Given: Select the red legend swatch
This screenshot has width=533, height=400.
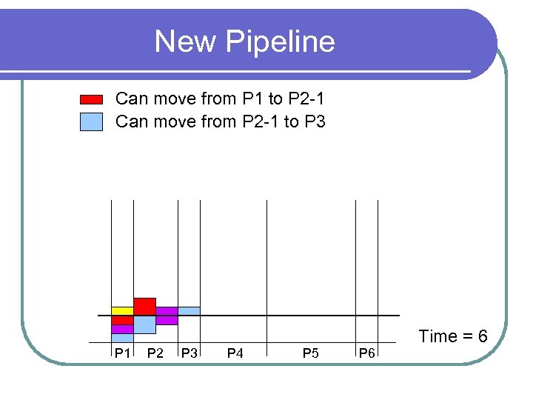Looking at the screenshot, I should click(91, 99).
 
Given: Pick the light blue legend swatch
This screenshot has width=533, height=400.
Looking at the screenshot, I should click(91, 121).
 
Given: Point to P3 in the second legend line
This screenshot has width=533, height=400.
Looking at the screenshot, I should click(315, 121).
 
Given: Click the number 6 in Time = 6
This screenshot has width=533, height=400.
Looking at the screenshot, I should click(482, 336).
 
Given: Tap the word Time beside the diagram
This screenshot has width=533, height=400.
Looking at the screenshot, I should click(438, 336).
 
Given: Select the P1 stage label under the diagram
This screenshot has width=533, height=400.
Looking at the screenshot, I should click(121, 353).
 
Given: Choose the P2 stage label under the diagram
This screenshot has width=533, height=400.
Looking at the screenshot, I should click(155, 353).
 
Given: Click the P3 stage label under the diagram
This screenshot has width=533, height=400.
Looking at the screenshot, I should click(189, 353).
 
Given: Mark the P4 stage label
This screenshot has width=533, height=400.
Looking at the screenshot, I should click(235, 353).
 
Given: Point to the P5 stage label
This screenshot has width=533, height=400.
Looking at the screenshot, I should click(310, 353).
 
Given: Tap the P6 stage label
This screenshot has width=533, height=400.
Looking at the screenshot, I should click(366, 353).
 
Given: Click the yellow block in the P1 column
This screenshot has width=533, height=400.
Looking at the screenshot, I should click(122, 310).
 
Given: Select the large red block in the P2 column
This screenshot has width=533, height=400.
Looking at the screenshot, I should click(144, 306).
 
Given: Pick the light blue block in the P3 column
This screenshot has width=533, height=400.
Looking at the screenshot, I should click(189, 311).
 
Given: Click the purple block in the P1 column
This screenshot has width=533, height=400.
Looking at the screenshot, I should click(122, 329).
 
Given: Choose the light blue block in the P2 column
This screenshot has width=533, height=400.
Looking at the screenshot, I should click(144, 324).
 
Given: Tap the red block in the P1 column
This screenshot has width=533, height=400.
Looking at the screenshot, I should click(122, 320).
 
